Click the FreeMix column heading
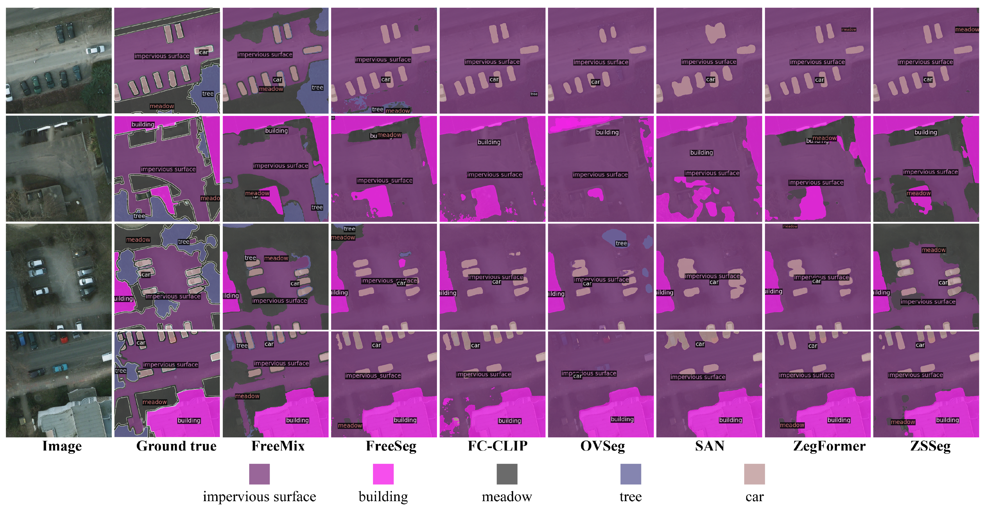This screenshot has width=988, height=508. tap(278, 446)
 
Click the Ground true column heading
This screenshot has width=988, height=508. tap(176, 446)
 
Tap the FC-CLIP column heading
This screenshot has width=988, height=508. tap(498, 446)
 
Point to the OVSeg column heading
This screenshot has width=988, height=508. tap(602, 446)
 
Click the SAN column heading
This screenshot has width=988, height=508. tap(709, 446)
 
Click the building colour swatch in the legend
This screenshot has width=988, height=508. tap(383, 474)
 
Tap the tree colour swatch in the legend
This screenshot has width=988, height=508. tap(630, 474)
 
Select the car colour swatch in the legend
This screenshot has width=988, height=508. tap(754, 474)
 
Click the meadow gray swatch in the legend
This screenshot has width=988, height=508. tap(507, 474)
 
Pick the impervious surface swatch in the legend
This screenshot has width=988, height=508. tap(259, 474)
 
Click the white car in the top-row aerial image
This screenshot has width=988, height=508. tap(95, 50)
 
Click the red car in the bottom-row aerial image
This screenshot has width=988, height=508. tap(64, 339)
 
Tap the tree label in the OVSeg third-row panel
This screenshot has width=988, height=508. tap(621, 243)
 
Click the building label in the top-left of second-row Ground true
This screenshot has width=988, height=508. tap(143, 124)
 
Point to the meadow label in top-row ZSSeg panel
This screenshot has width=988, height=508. tap(967, 30)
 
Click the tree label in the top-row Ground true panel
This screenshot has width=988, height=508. tap(207, 94)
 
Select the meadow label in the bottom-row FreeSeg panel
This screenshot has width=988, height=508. tap(350, 425)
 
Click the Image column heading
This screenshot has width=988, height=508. tap(62, 446)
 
